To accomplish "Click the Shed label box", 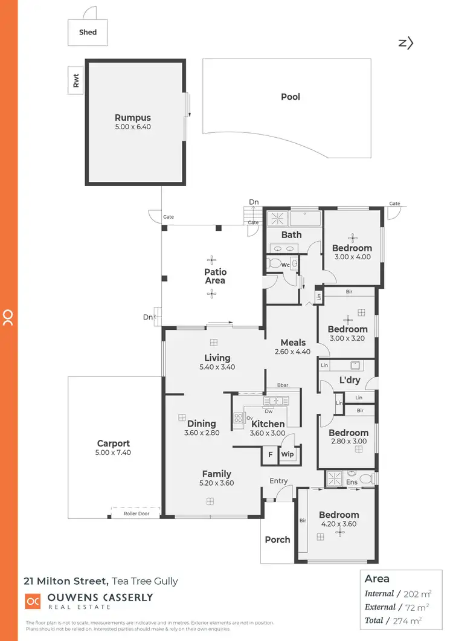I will click(x=88, y=33).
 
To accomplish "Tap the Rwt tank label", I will click(x=76, y=81).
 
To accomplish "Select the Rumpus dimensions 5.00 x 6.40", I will click(x=133, y=127).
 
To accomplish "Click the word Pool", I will click(x=291, y=97).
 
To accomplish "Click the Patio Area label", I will click(x=215, y=276).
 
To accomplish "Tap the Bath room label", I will click(x=292, y=234).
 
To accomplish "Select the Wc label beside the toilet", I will click(x=284, y=265).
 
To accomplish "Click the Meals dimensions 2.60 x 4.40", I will click(x=293, y=352).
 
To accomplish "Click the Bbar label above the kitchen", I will click(x=282, y=385).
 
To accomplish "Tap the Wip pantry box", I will click(x=288, y=454).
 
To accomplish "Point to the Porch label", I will click(x=278, y=540).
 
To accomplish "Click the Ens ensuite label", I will click(x=352, y=482).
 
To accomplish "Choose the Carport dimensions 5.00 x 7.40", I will click(x=114, y=453).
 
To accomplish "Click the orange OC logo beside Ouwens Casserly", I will click(x=32, y=602).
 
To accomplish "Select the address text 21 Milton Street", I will click(x=66, y=582).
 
